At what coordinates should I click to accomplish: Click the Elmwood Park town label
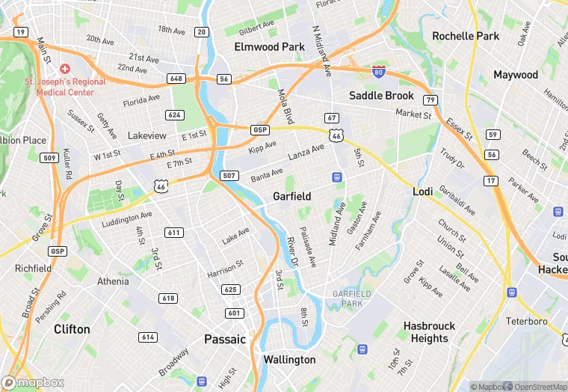[269, 46]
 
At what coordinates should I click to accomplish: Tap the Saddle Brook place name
[382, 95]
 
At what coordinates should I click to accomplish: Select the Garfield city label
[291, 196]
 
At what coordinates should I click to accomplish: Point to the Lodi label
[423, 192]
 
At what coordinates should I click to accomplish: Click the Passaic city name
[225, 339]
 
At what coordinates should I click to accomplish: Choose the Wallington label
[289, 359]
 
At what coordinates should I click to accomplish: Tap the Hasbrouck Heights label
[430, 332]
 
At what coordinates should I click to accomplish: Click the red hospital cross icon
[65, 69]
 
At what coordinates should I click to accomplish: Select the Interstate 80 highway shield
[379, 72]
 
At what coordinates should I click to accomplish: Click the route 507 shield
[229, 175]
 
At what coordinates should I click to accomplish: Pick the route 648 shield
[176, 79]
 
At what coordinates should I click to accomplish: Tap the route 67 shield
[332, 118]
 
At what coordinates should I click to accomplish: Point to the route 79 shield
[429, 99]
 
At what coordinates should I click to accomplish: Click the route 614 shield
[148, 337]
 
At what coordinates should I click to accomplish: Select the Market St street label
[413, 114]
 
